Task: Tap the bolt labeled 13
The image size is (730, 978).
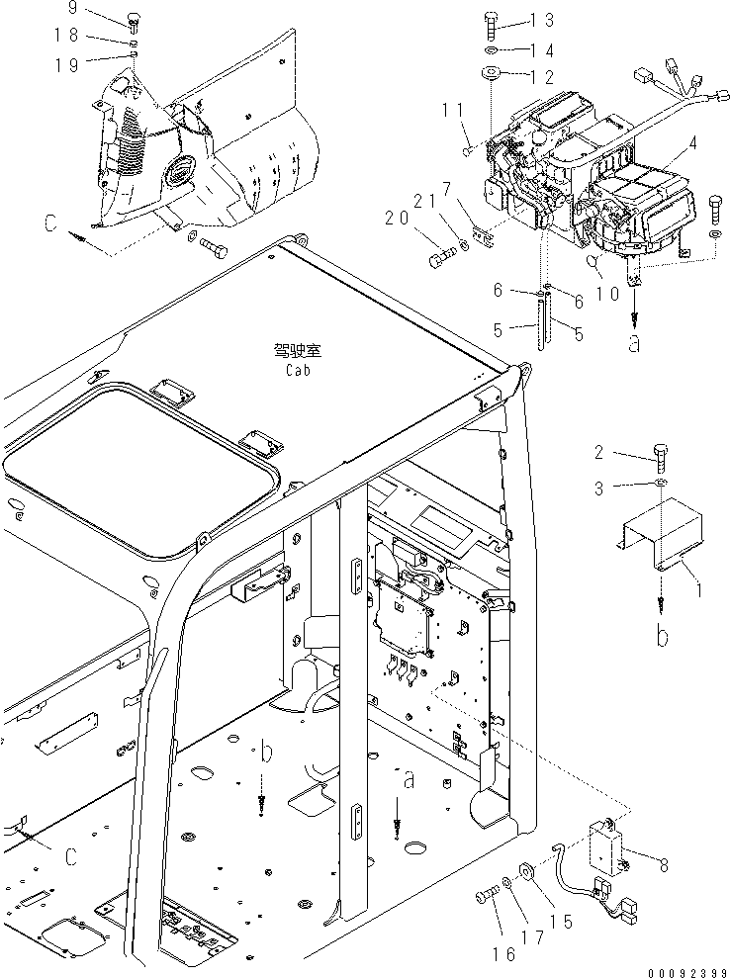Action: (492, 22)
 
